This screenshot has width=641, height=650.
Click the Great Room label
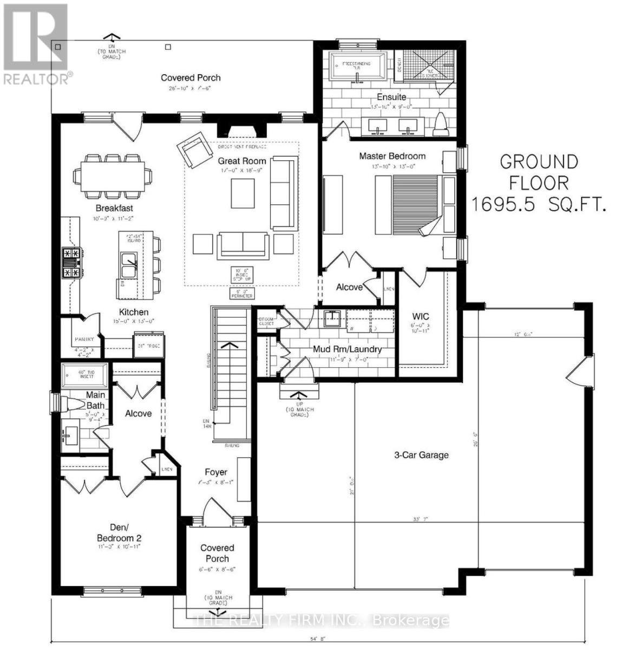pyautogui.click(x=242, y=161)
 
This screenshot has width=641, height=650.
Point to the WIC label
pyautogui.click(x=420, y=315)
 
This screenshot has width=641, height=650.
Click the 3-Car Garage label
pyautogui.click(x=421, y=455)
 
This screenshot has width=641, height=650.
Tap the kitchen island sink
pyautogui.click(x=128, y=265)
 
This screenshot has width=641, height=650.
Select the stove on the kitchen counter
pyautogui.click(x=71, y=263)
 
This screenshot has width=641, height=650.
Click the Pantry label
pyautogui.click(x=84, y=339)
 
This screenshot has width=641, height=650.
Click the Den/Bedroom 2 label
pyautogui.click(x=119, y=532)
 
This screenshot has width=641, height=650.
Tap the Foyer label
pyautogui.click(x=215, y=472)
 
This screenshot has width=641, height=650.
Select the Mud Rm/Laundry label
pyautogui.click(x=347, y=349)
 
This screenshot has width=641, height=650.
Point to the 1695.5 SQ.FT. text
pyautogui.click(x=538, y=205)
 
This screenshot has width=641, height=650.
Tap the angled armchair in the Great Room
pyautogui.click(x=194, y=150)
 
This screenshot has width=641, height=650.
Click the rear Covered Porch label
pyautogui.click(x=191, y=78)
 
